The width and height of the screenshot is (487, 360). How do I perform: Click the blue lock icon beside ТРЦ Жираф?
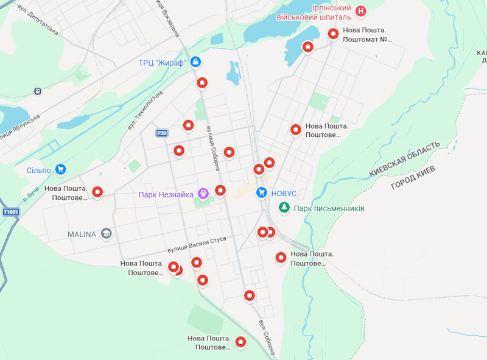pyautogui.click(x=195, y=62)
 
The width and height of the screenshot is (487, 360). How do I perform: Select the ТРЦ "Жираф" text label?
pyautogui.click(x=162, y=62)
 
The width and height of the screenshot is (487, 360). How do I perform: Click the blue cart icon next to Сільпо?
pyautogui.click(x=60, y=169)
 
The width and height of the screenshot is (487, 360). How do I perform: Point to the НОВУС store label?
pyautogui.click(x=284, y=193)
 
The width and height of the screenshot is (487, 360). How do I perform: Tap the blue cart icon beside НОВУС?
pyautogui.click(x=261, y=193)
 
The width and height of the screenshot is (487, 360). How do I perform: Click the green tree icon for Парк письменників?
pyautogui.click(x=284, y=208)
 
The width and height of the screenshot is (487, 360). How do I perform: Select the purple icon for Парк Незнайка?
pyautogui.click(x=203, y=194)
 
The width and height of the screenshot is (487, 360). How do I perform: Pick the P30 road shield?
pyautogui.click(x=161, y=133)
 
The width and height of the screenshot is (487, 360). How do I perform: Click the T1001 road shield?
pyautogui.click(x=11, y=212)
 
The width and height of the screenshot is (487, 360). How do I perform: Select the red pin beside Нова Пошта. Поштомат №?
pyautogui.click(x=333, y=34)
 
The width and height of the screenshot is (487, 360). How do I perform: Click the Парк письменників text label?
pyautogui.click(x=329, y=208)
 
